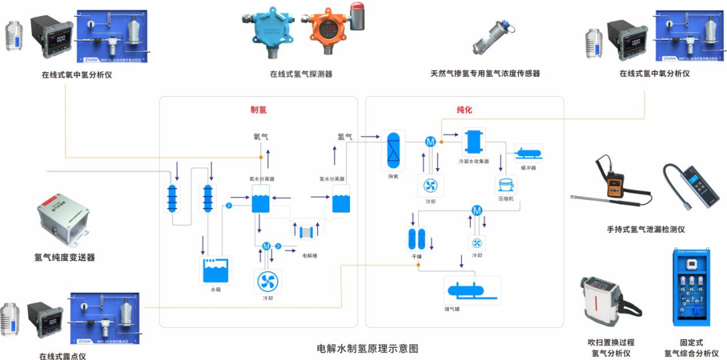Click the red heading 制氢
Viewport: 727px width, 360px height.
258,110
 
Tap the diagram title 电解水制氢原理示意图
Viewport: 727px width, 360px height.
367,349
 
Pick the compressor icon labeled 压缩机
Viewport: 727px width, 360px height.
505,184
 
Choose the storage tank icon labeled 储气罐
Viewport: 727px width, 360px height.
473,291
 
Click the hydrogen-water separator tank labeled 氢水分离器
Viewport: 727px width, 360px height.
341,202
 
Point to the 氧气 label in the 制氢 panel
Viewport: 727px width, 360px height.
261,137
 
